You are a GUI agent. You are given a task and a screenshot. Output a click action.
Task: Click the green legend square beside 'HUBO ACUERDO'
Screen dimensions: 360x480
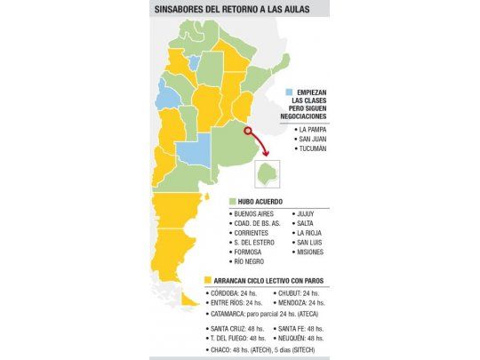click(x=232, y=202)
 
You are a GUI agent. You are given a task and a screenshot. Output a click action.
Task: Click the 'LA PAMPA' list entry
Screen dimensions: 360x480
click(x=318, y=129)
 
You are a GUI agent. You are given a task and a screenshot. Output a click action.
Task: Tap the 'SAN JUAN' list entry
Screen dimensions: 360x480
click(x=317, y=139)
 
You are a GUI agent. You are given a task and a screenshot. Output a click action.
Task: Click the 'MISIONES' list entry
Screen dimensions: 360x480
click(x=313, y=252)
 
